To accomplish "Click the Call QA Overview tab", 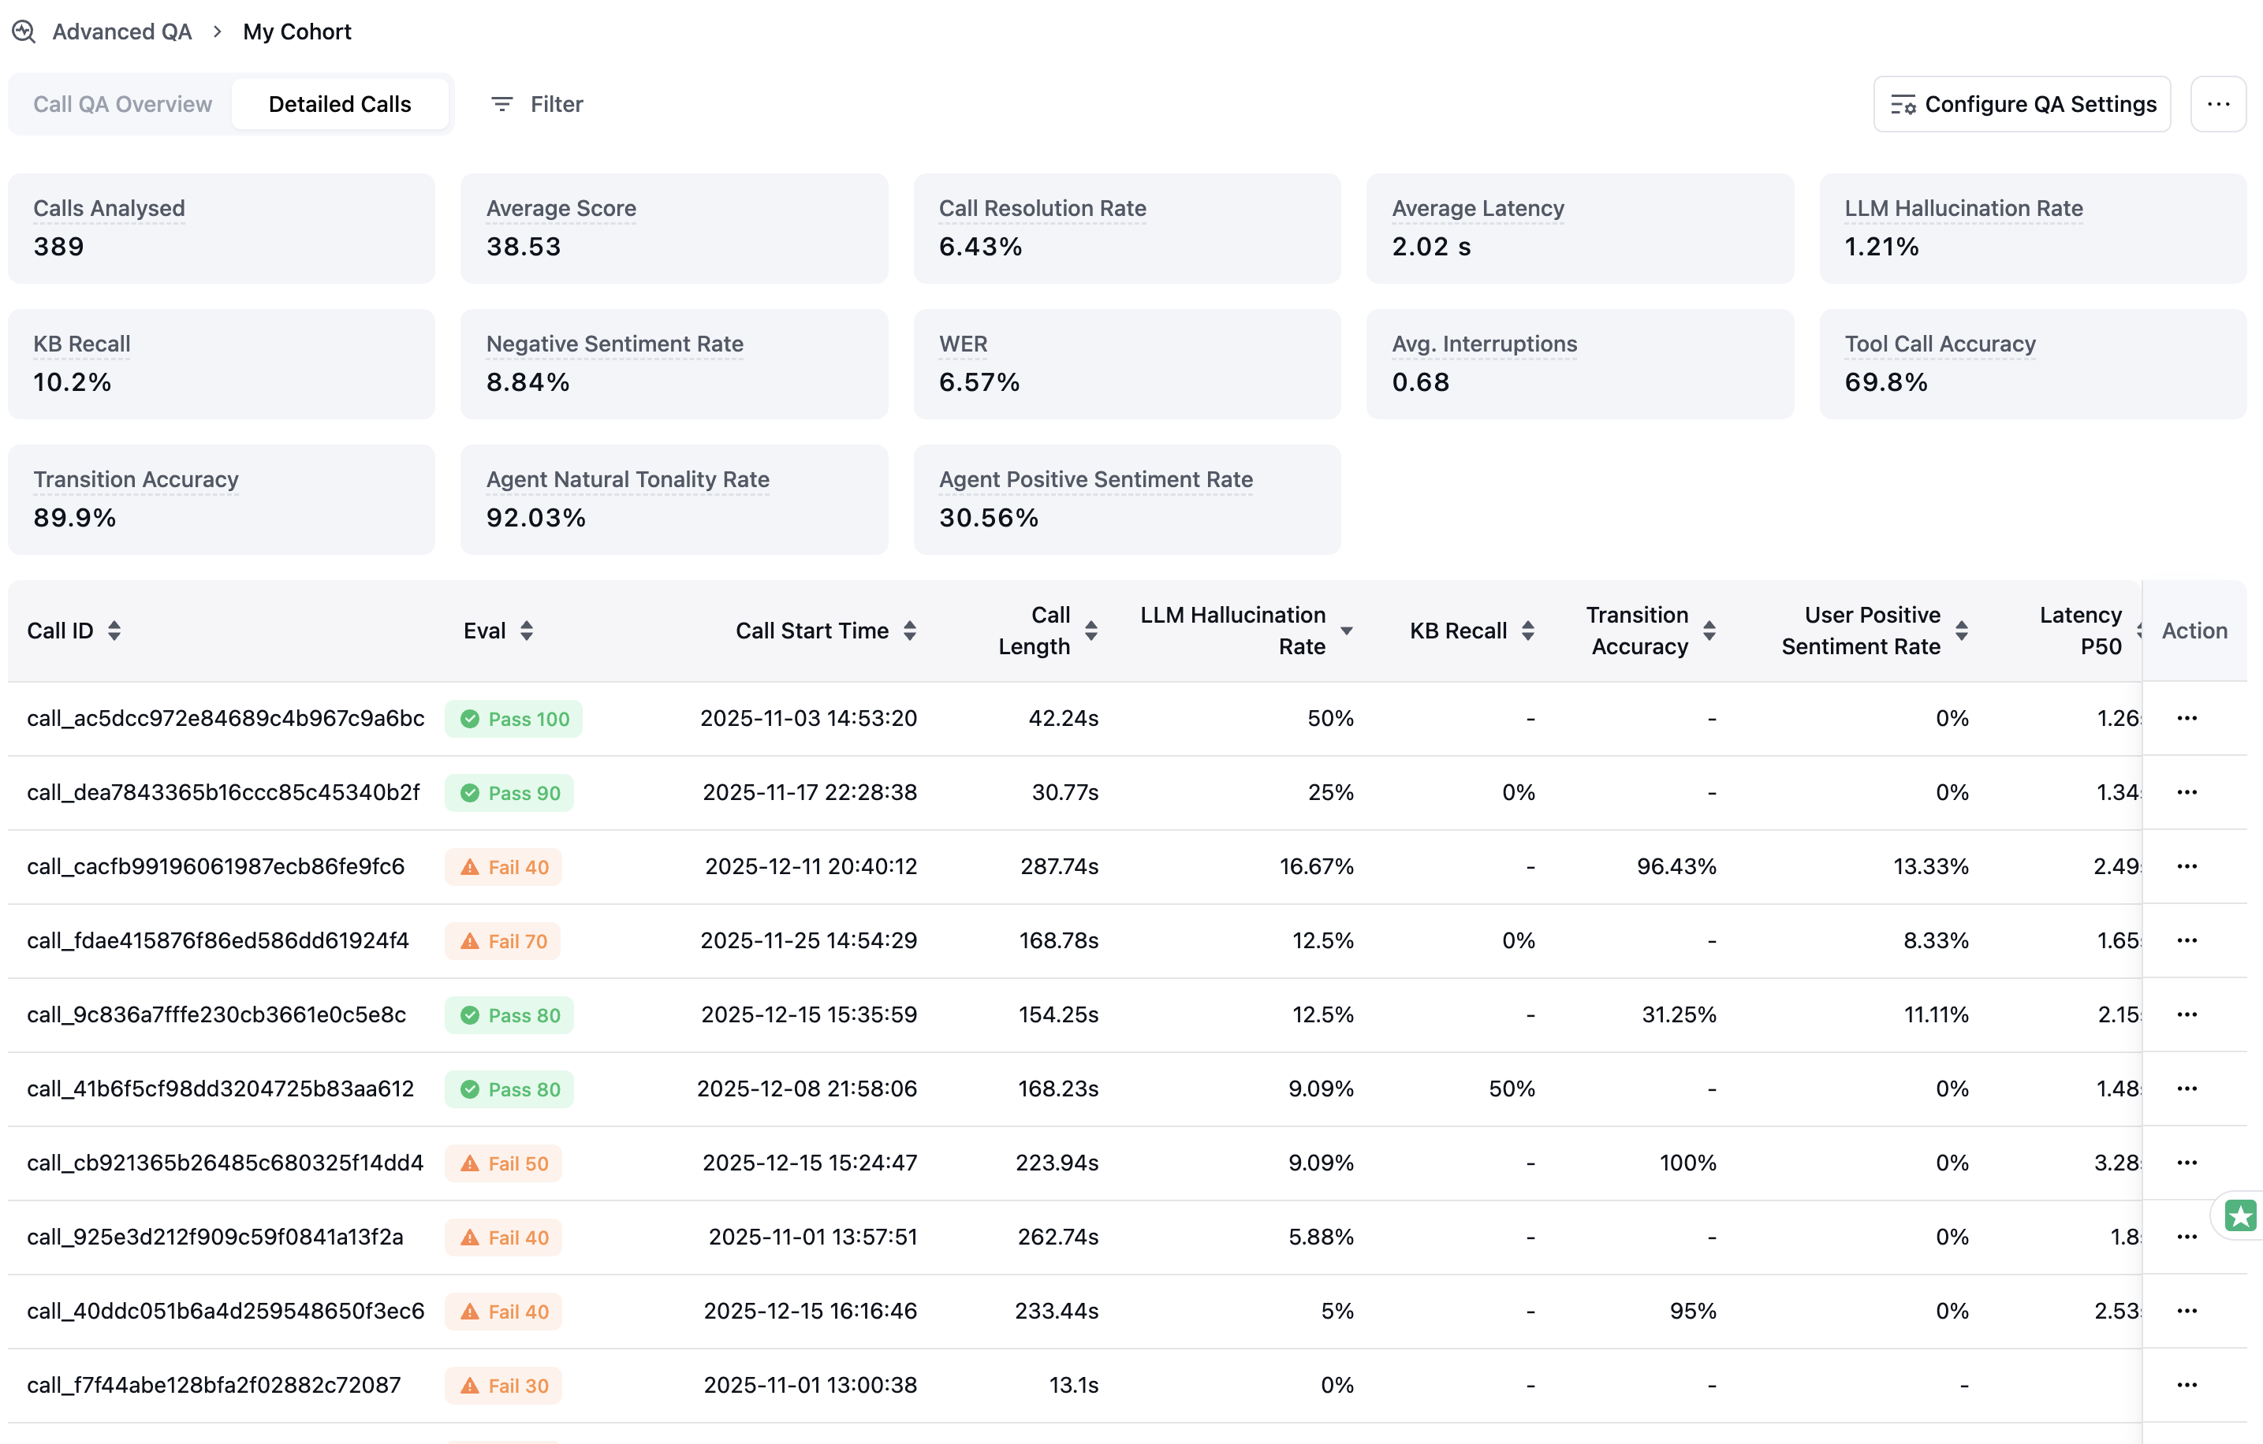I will pos(122,104).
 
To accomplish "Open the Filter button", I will pos(537,104).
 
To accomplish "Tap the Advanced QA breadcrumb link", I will pos(121,32).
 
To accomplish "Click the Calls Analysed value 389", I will pos(58,246).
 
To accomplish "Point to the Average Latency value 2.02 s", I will pos(1430,246).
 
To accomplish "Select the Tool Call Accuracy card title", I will pos(1939,344).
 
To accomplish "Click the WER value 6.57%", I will pos(979,381).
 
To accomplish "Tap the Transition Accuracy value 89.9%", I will pos(74,518).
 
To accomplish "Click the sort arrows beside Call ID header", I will pos(114,631).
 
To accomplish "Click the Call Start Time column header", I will pos(812,631).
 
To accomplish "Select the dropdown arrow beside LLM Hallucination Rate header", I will pos(1347,631).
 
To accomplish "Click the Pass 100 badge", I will pos(513,719).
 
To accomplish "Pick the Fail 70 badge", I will pos(503,941).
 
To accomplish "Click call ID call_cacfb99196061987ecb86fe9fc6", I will pos(215,866).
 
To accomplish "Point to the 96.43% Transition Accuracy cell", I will pos(1676,866).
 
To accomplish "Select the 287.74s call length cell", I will pos(1059,866).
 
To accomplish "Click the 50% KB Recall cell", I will pos(1512,1089).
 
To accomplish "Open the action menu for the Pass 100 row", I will pos(2186,719).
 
